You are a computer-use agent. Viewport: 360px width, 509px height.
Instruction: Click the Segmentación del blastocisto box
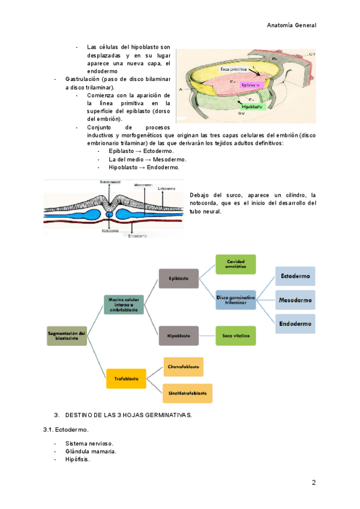[x=67, y=336]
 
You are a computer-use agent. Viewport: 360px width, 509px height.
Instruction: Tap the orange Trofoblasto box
[x=126, y=378]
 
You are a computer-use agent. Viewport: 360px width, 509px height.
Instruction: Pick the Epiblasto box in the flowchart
[x=179, y=279]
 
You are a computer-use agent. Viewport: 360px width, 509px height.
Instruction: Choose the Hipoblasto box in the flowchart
[x=179, y=336]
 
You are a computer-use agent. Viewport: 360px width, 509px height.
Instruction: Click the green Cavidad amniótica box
[x=236, y=264]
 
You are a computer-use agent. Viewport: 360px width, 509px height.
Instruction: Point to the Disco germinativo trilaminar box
[x=236, y=300]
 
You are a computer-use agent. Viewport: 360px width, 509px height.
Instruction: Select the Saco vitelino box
[x=236, y=336]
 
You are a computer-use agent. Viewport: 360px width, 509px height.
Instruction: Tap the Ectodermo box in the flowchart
[x=295, y=276]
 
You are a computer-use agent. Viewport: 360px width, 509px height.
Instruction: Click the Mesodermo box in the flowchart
[x=295, y=300]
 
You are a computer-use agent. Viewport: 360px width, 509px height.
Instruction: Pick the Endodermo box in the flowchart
[x=295, y=324]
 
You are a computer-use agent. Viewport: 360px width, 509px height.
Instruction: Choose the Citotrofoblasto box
[x=188, y=366]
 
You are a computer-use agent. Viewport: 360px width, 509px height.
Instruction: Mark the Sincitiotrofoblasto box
[x=188, y=393]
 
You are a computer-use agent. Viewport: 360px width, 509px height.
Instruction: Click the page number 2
[x=313, y=483]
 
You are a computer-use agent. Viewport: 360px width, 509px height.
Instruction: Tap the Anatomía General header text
[x=292, y=25]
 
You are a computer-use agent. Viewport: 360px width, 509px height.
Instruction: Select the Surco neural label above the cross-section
[x=110, y=181]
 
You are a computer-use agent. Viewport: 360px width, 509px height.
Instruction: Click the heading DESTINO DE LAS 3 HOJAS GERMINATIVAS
[x=128, y=415]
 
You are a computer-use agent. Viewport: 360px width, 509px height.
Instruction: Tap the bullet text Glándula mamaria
[x=91, y=451]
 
